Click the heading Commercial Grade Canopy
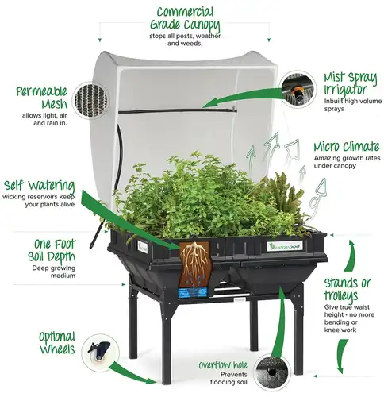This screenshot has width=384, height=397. click(x=185, y=18)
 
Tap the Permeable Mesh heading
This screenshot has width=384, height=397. click(x=41, y=98)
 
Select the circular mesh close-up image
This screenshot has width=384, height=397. click(x=91, y=100)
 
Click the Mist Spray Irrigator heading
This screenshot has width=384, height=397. click(x=350, y=83)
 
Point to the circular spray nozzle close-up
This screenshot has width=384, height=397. click(x=298, y=89)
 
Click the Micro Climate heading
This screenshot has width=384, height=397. click(x=347, y=147)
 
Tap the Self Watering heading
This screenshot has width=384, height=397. click(x=39, y=186)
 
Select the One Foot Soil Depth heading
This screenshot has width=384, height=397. click(x=52, y=250)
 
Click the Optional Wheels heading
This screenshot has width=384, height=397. click(x=57, y=343)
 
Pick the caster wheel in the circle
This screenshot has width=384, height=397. click(x=99, y=351)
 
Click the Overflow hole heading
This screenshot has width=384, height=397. click(x=223, y=365)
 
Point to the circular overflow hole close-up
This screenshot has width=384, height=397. click(x=272, y=372)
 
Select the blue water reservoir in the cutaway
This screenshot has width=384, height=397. click(x=192, y=293)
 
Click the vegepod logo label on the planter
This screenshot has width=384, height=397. click(x=284, y=246)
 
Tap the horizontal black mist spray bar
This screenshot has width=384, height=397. click(x=177, y=111)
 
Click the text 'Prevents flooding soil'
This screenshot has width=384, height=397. click(x=228, y=378)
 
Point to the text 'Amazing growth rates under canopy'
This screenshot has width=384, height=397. click(x=347, y=162)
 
